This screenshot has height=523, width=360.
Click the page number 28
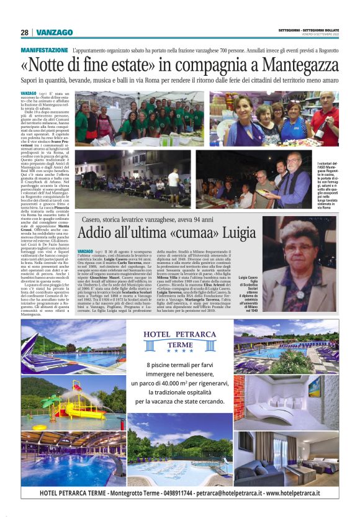pyautogui.click(x=25, y=32)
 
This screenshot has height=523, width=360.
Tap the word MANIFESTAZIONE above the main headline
pyautogui.click(x=45, y=50)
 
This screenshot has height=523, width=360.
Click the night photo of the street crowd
pyautogui.click(x=133, y=179)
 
